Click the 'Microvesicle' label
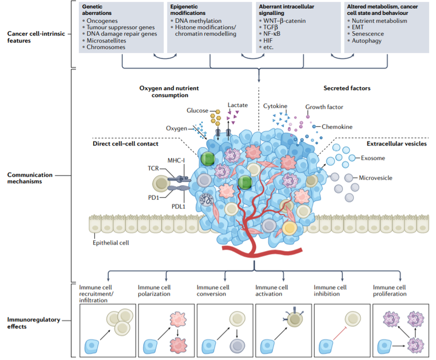pos(376,178)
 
